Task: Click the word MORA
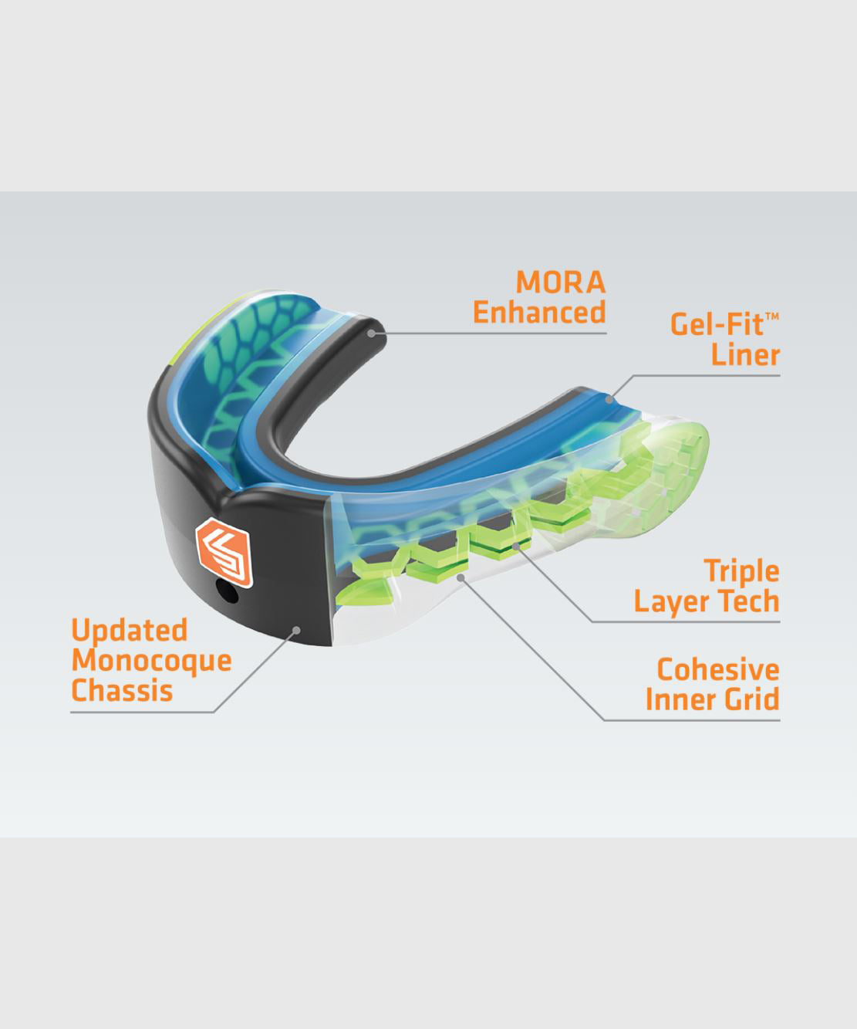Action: (x=561, y=283)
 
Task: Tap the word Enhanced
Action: (x=539, y=313)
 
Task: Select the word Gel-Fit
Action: (x=717, y=324)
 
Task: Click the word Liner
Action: (x=745, y=355)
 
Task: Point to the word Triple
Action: (x=741, y=572)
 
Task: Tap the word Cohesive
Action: (x=717, y=669)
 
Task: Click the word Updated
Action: (x=130, y=630)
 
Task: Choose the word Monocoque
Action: (x=151, y=661)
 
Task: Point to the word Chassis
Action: (x=122, y=691)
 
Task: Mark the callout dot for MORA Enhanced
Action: (x=372, y=333)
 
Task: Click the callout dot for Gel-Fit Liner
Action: (x=609, y=399)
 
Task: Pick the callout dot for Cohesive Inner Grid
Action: (x=461, y=576)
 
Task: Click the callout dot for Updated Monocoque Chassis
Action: (x=296, y=630)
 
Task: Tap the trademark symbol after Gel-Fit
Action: (x=772, y=316)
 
